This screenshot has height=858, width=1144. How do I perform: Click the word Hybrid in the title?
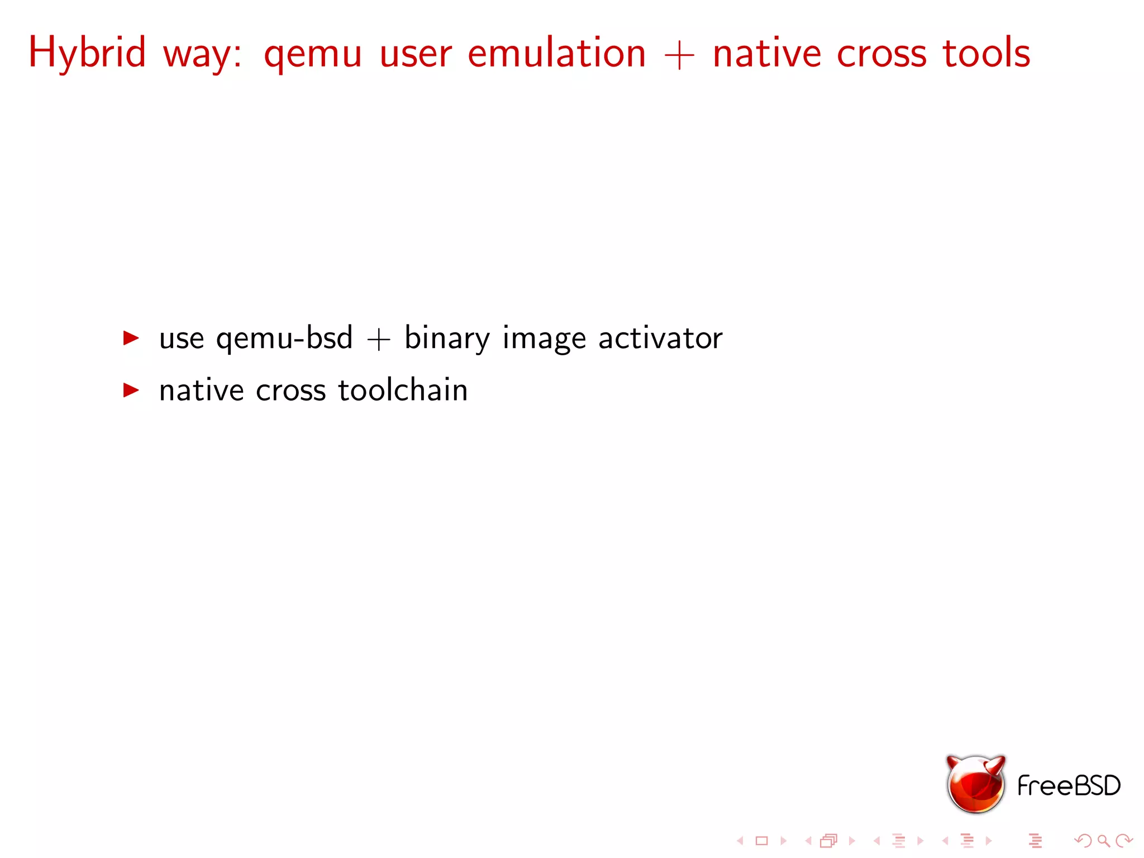click(x=87, y=53)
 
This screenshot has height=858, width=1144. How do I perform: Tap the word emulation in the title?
click(x=556, y=53)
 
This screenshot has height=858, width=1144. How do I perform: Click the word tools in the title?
click(x=986, y=53)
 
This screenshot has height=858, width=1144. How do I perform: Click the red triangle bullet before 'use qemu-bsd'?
click(x=131, y=338)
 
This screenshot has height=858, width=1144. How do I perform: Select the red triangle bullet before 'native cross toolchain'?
click(x=131, y=390)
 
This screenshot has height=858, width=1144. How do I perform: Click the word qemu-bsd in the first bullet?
click(x=284, y=339)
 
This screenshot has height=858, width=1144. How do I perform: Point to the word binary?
click(x=447, y=339)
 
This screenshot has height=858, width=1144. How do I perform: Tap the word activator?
click(x=660, y=339)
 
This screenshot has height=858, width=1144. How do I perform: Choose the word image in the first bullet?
click(x=544, y=340)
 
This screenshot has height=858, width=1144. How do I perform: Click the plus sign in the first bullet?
click(x=378, y=340)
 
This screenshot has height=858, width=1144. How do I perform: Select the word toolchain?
click(x=403, y=390)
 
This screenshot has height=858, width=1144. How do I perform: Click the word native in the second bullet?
click(x=201, y=390)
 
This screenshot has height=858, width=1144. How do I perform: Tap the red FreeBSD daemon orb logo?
click(x=975, y=784)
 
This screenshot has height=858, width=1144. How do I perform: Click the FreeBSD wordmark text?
click(x=1069, y=785)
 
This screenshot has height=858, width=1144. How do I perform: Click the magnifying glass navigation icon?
click(x=1103, y=841)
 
